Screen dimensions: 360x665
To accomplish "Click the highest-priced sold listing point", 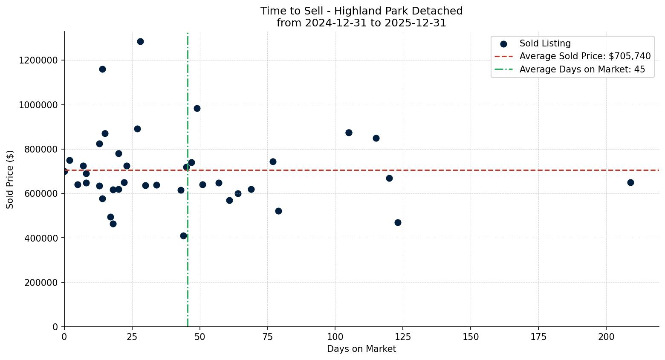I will pyautogui.click(x=140, y=41).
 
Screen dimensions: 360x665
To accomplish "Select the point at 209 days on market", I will pyautogui.click(x=630, y=182).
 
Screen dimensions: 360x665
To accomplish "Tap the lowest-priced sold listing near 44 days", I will pyautogui.click(x=183, y=236).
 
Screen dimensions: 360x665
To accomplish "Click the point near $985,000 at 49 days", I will pyautogui.click(x=197, y=108).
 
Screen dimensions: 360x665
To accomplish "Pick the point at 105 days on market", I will pyautogui.click(x=349, y=132).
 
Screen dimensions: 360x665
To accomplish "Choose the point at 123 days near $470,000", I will pyautogui.click(x=398, y=222).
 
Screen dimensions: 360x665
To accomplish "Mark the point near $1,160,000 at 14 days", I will pyautogui.click(x=102, y=69).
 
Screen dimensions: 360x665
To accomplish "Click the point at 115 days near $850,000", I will pyautogui.click(x=376, y=138).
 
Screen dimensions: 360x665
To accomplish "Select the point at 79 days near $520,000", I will pyautogui.click(x=278, y=211).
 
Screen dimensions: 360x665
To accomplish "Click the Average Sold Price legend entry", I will pyautogui.click(x=585, y=56).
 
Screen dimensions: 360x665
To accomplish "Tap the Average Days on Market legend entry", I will pyautogui.click(x=582, y=69).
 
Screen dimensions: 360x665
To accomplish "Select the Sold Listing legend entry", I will pyautogui.click(x=545, y=43).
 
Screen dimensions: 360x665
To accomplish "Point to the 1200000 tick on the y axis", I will pyautogui.click(x=38, y=60).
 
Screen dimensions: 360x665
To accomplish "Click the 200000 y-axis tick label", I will pyautogui.click(x=40, y=282).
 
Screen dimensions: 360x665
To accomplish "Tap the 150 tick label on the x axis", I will pyautogui.click(x=471, y=337).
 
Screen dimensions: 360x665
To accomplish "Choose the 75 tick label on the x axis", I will pyautogui.click(x=267, y=337).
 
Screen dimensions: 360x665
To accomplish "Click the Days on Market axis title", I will pyautogui.click(x=361, y=349).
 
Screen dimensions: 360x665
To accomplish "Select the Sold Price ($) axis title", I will pyautogui.click(x=10, y=179).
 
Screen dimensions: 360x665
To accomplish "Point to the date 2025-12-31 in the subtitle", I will pyautogui.click(x=415, y=23).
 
